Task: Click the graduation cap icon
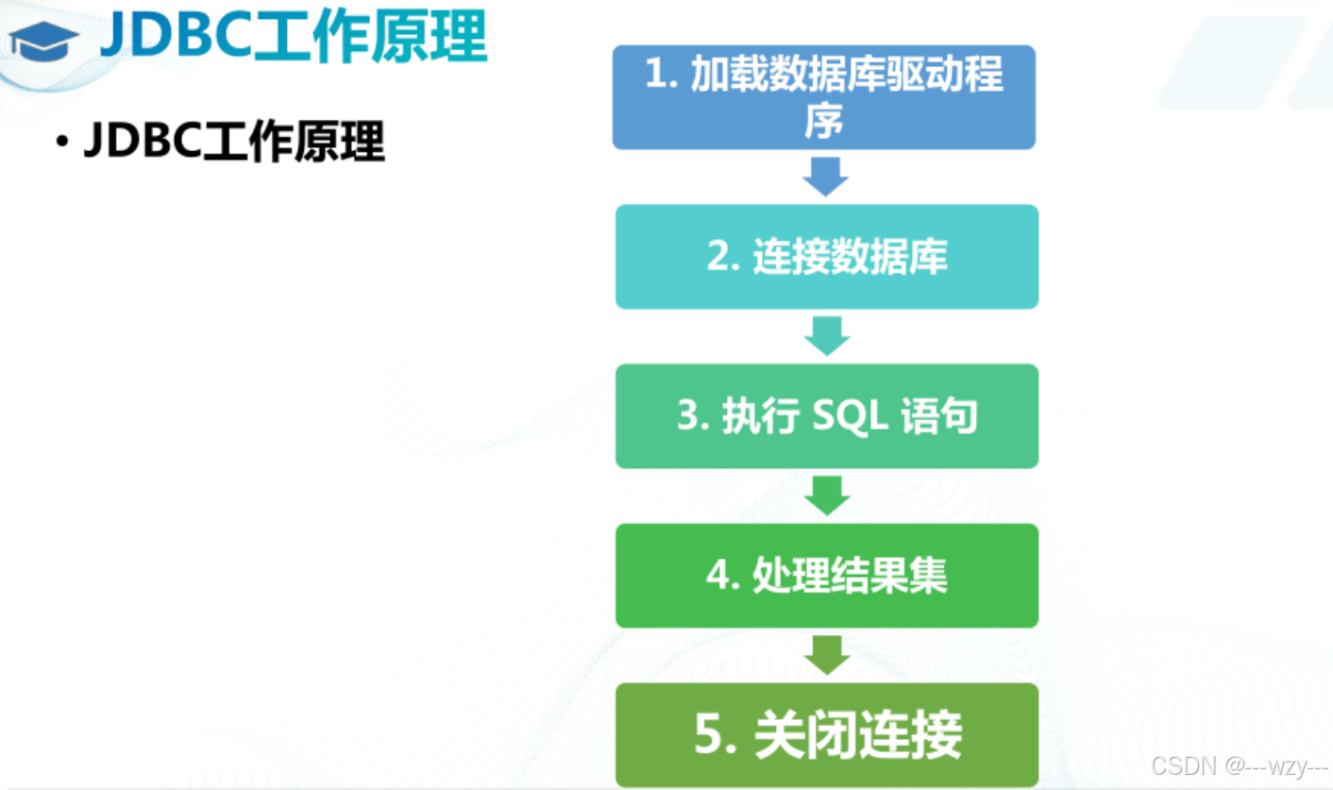pos(43,42)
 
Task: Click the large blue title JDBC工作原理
pos(293,38)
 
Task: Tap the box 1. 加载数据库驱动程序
pos(823,97)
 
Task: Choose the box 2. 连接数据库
pos(826,257)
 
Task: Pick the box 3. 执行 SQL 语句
pos(826,416)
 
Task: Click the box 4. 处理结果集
pos(826,576)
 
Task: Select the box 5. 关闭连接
pos(826,735)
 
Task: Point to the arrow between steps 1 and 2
pos(826,176)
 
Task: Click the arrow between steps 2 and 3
pos(828,336)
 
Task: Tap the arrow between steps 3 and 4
pos(828,496)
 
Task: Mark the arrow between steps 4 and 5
pos(828,655)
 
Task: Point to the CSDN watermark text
pos(1239,765)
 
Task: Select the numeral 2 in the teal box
pos(718,258)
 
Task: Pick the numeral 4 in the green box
pos(718,577)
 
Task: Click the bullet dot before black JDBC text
pos(61,143)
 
